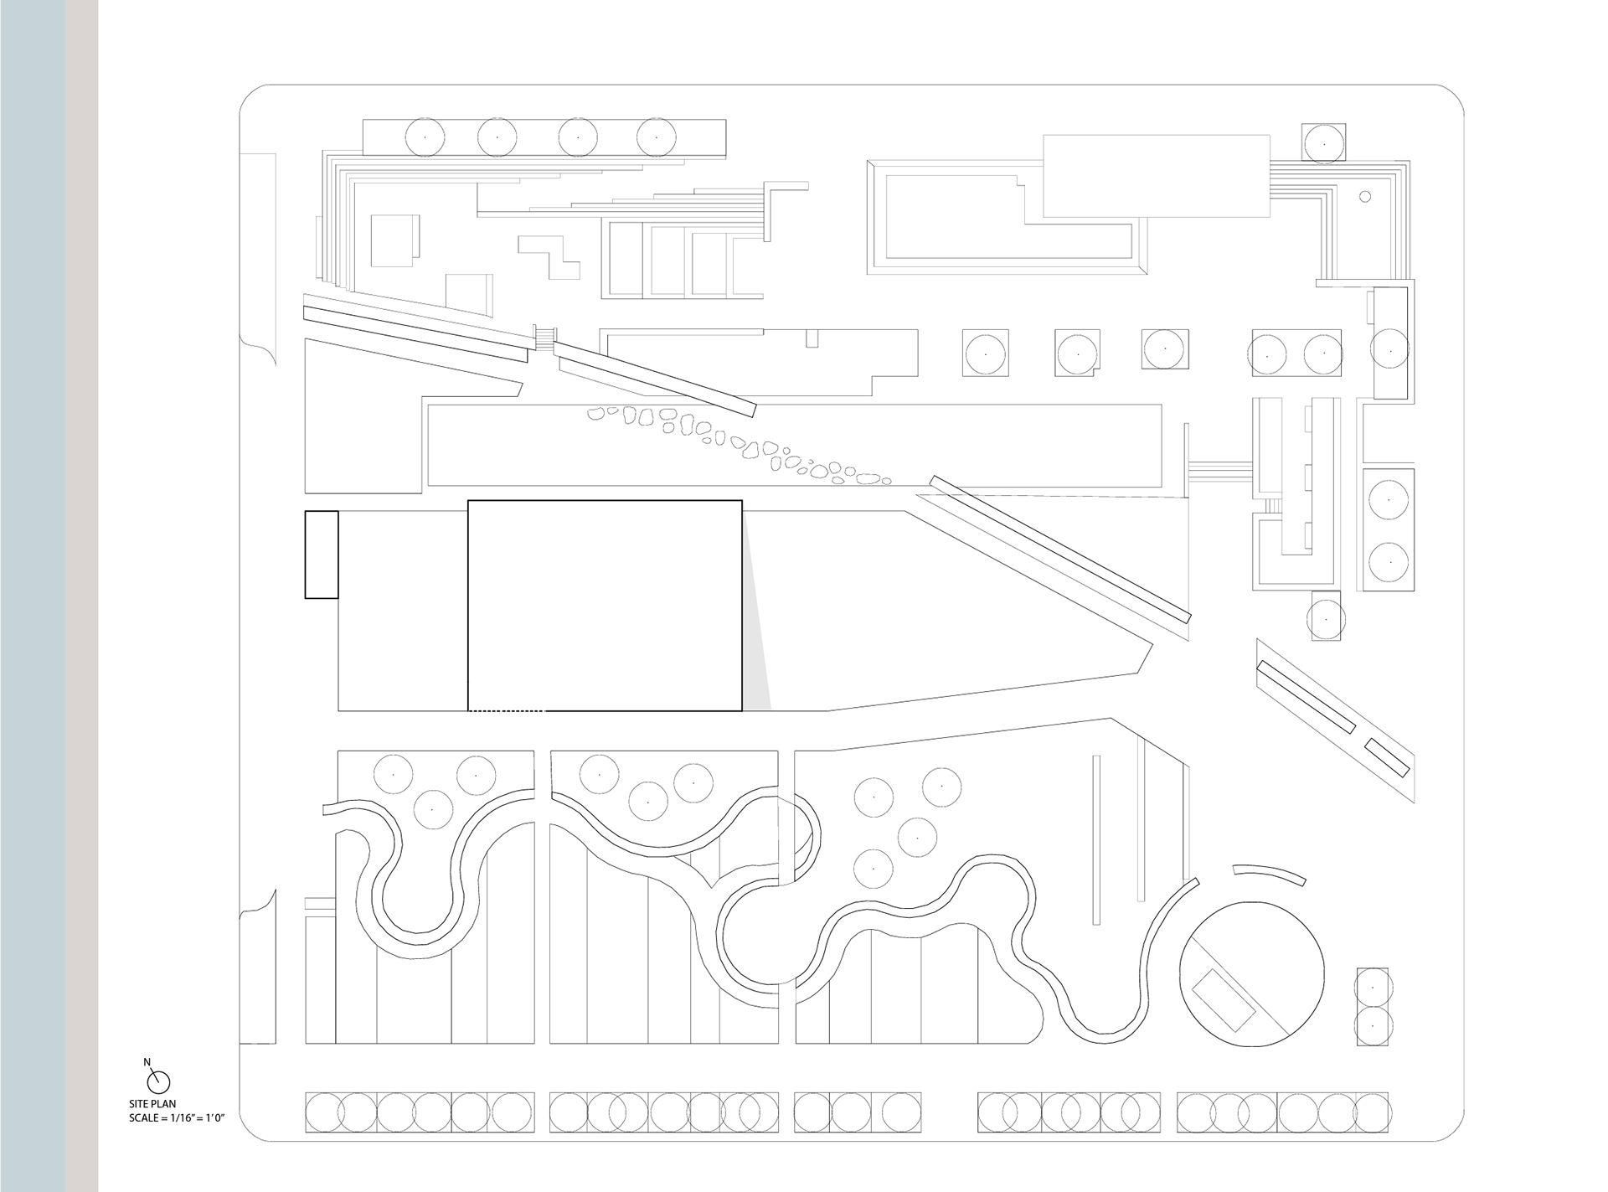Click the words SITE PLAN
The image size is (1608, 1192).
click(x=152, y=1104)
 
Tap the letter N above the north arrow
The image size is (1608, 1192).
click(x=147, y=1062)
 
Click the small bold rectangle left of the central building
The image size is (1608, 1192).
click(x=322, y=555)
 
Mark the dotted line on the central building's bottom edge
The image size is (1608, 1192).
click(x=507, y=711)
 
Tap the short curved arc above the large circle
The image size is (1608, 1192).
click(x=1270, y=873)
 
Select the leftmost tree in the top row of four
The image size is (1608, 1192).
click(x=425, y=137)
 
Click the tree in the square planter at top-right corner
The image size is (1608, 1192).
click(x=1324, y=144)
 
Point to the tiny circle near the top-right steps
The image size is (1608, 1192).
click(x=1364, y=197)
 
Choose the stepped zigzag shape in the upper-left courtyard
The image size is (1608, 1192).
click(x=550, y=255)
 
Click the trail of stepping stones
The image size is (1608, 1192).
click(x=737, y=444)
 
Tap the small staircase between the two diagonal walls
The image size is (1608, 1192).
click(x=544, y=338)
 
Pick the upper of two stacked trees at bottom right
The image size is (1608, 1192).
click(x=1373, y=988)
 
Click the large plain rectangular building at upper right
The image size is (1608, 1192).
click(x=1156, y=176)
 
